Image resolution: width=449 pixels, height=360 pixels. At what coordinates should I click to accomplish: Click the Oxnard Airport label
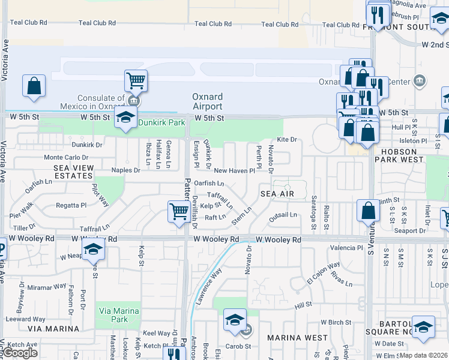(x=207, y=101)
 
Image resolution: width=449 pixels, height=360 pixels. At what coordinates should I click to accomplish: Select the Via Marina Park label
(x=118, y=316)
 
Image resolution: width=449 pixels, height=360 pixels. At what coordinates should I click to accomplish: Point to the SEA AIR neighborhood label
(x=277, y=194)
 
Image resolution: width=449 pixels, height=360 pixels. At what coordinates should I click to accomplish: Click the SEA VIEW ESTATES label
(x=73, y=172)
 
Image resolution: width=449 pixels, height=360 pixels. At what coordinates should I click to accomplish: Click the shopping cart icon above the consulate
(x=136, y=80)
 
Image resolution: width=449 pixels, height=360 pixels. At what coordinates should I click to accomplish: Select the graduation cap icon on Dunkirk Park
(x=125, y=116)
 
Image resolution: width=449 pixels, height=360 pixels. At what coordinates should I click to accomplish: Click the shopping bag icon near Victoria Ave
(x=34, y=85)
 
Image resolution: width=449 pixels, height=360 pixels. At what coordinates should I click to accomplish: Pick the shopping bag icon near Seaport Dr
(x=368, y=210)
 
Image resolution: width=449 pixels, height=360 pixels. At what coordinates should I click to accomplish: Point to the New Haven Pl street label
(x=235, y=171)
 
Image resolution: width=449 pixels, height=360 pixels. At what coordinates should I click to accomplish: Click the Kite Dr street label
(x=287, y=139)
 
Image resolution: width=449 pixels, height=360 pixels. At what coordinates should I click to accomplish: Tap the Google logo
(x=20, y=353)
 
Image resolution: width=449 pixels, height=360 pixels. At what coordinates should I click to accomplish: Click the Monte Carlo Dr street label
(x=65, y=157)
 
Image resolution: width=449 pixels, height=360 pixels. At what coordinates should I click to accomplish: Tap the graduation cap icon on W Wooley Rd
(x=93, y=249)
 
